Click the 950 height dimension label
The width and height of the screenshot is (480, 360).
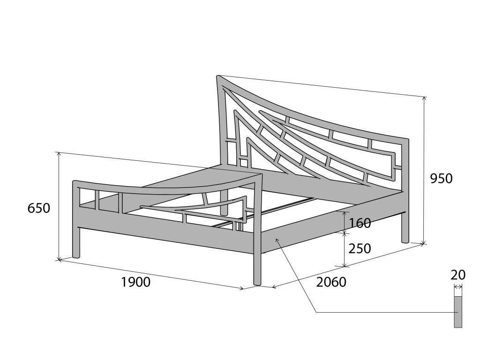441,178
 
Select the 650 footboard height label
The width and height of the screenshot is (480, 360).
39,208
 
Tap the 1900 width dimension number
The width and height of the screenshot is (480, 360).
135,282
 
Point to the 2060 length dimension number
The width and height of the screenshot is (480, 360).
331,282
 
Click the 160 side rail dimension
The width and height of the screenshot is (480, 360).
360,223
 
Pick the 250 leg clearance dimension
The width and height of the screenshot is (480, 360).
360,248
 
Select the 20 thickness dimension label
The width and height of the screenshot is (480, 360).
458,275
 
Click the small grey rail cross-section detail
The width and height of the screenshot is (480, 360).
458,312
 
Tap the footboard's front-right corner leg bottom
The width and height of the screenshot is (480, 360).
257,282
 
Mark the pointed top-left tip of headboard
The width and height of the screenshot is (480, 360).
218,76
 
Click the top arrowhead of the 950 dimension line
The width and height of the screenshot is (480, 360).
424,98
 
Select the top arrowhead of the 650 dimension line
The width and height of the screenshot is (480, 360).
59,154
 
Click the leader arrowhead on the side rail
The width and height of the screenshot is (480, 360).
277,240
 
